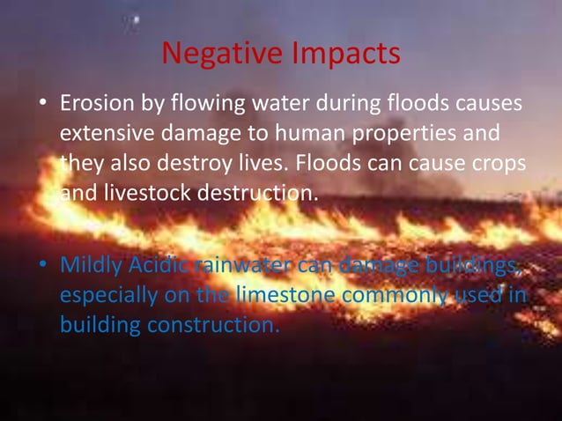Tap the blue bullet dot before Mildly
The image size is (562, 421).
41,266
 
